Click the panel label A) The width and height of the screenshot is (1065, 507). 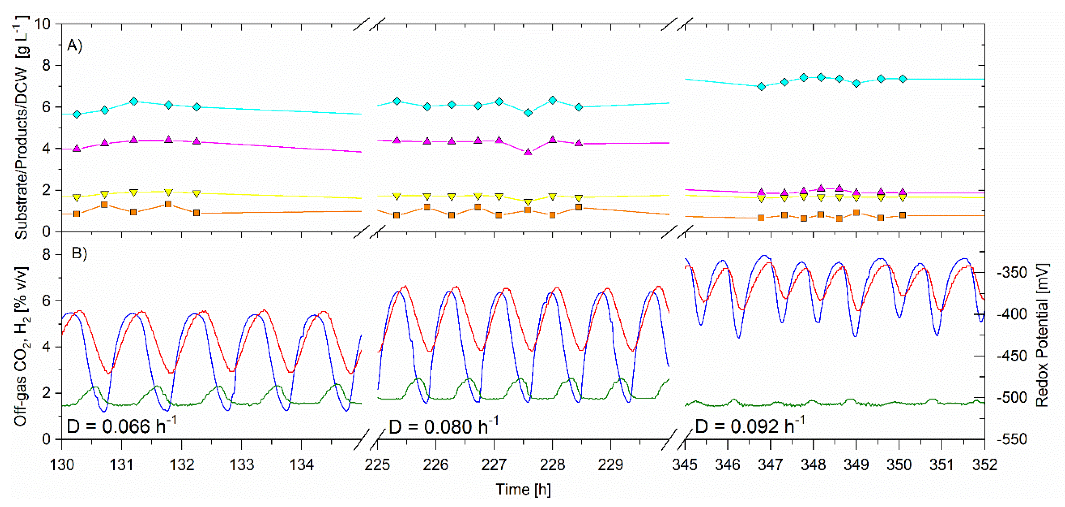tap(75, 45)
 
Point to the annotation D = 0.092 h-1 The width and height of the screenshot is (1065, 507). tap(750, 426)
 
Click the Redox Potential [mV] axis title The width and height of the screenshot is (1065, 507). tap(1043, 336)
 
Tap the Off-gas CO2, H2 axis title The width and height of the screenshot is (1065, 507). tap(21, 347)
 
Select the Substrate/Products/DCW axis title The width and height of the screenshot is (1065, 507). tap(21, 127)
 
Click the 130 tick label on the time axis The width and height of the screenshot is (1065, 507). tap(62, 465)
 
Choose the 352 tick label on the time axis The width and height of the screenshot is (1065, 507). tap(985, 465)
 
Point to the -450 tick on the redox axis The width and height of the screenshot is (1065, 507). tap(1012, 356)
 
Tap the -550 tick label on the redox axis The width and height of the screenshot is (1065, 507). tap(1012, 439)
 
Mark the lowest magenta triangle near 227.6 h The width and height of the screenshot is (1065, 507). tap(528, 152)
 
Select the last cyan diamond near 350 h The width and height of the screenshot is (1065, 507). tap(903, 78)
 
